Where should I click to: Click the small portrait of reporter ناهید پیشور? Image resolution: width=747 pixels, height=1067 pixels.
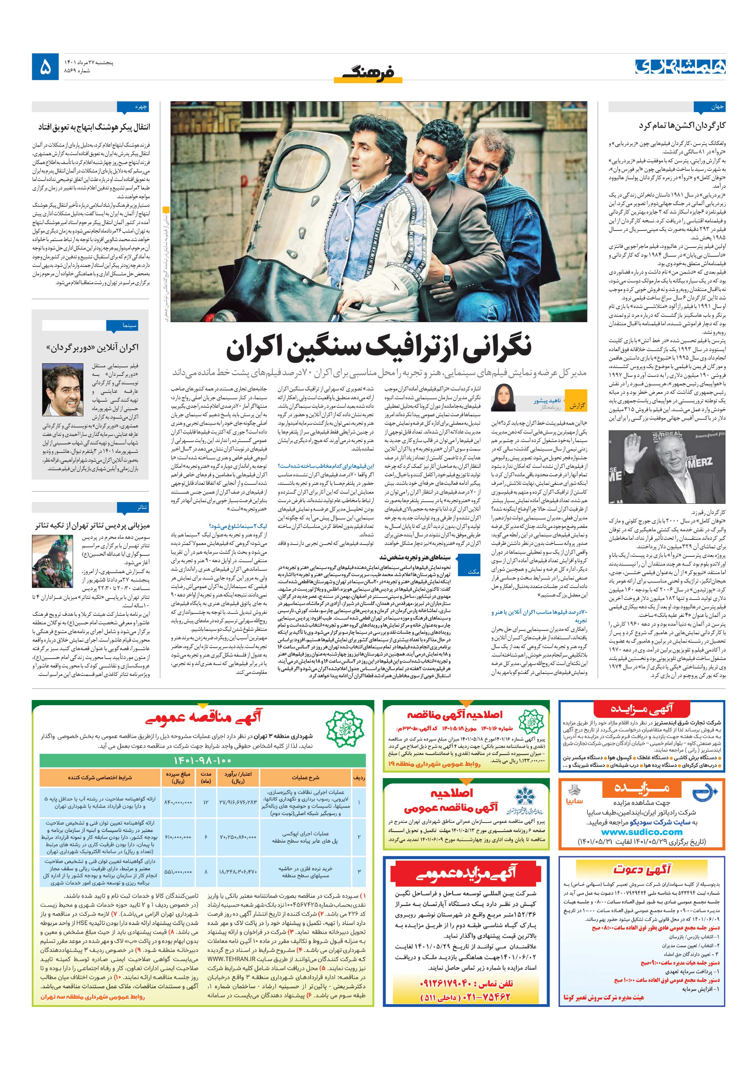(x=504, y=397)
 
